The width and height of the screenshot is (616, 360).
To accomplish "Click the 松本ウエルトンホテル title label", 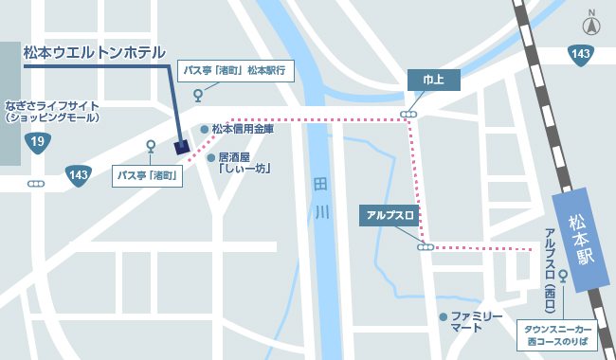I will pyautogui.click(x=95, y=52).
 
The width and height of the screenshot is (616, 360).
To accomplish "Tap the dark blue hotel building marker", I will pyautogui.click(x=182, y=146).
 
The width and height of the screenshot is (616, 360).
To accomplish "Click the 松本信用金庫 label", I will pyautogui.click(x=243, y=129).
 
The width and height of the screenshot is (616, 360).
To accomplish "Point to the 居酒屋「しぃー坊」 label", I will pyautogui.click(x=244, y=163).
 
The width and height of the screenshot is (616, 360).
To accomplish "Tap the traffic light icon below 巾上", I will pyautogui.click(x=408, y=115).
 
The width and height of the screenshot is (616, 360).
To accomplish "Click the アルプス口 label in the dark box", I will pyautogui.click(x=391, y=216).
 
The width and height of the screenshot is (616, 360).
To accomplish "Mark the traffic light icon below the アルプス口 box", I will pyautogui.click(x=425, y=247).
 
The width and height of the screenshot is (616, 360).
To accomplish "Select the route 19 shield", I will pyautogui.click(x=38, y=142).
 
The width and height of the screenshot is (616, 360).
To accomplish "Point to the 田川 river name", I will pyautogui.click(x=320, y=197).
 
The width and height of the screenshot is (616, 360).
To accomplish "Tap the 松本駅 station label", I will pyautogui.click(x=579, y=238).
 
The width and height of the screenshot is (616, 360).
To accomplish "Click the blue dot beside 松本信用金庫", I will pyautogui.click(x=204, y=129).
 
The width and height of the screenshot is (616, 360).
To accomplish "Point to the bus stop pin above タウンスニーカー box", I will pyautogui.click(x=564, y=277).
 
